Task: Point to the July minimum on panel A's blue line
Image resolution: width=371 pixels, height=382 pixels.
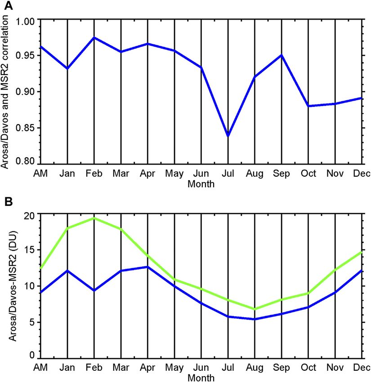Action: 228,135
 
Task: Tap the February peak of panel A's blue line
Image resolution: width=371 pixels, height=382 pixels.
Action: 94,38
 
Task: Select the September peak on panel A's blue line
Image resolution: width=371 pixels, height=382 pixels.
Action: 282,55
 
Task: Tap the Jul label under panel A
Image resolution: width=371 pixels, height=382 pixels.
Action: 228,174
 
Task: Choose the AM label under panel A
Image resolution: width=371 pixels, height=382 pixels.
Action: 40,174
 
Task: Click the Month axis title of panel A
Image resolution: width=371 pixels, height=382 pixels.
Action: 201,184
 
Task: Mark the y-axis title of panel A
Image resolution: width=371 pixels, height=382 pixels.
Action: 6,92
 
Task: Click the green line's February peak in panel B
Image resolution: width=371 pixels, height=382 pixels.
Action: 94,218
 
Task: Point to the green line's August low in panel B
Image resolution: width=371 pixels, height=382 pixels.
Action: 255,309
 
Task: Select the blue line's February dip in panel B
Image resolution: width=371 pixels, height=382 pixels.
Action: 94,290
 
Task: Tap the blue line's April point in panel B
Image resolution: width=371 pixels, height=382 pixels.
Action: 148,267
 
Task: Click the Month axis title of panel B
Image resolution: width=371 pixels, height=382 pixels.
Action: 201,378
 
